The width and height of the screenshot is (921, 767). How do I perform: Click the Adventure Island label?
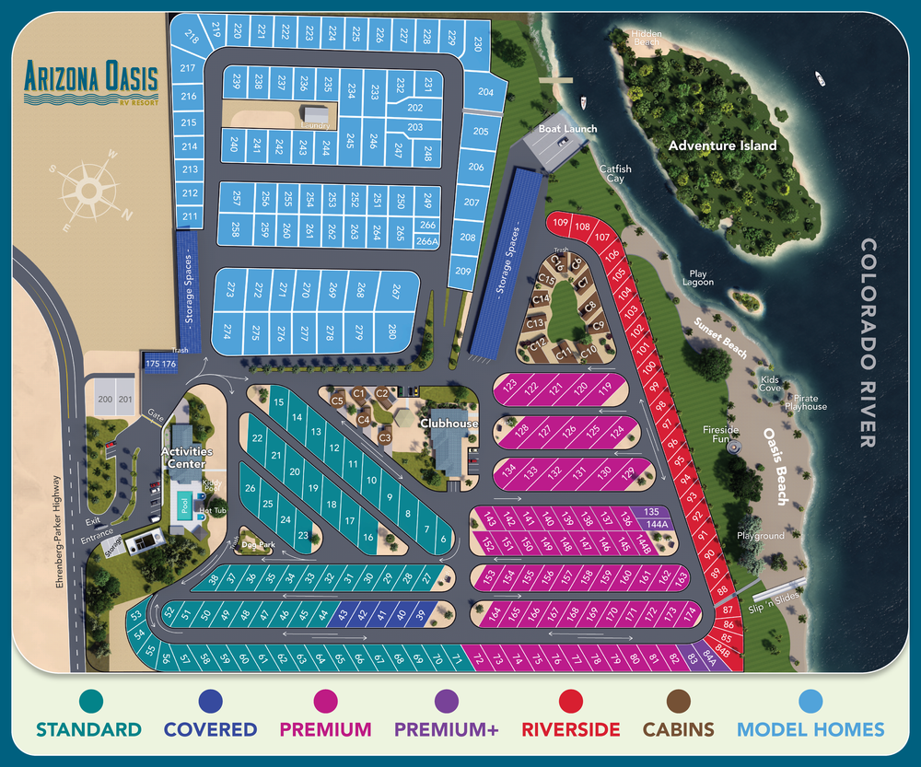(x=722, y=145)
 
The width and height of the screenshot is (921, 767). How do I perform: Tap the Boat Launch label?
(x=567, y=129)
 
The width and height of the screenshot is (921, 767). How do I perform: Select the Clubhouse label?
(x=449, y=424)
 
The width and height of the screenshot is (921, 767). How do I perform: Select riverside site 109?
(x=559, y=223)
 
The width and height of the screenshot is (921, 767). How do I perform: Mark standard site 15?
(x=279, y=402)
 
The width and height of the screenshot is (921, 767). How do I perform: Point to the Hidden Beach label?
(x=647, y=38)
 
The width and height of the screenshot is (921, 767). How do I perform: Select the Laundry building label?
(x=315, y=124)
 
